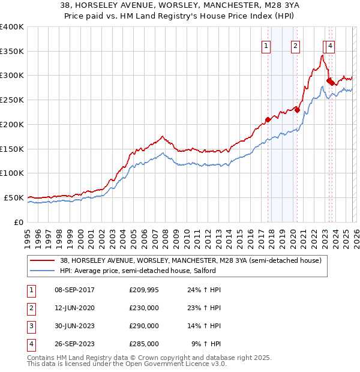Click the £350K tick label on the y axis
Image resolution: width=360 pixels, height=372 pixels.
click(12, 52)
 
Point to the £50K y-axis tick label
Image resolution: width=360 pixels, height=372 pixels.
click(14, 197)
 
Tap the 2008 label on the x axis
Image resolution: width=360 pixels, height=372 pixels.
click(165, 235)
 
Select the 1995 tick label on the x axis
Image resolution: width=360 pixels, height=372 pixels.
click(28, 235)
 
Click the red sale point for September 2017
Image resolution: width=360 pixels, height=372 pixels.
click(268, 119)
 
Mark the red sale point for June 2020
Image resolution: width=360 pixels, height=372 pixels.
click(297, 110)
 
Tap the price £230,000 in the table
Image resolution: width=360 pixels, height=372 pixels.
click(144, 308)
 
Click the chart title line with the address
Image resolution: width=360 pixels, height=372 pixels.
click(180, 7)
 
